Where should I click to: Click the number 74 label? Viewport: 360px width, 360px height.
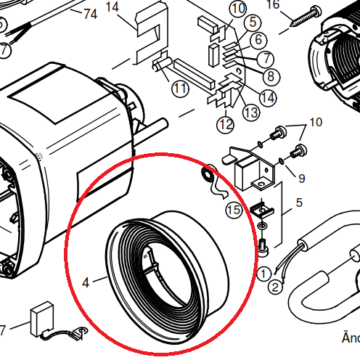point(91,14)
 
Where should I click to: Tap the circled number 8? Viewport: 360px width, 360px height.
point(271,76)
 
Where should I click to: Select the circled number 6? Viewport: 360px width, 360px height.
point(258,39)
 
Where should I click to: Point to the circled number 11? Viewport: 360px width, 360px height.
point(180,89)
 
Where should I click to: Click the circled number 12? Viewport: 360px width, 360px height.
point(226,125)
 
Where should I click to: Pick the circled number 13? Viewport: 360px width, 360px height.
point(251,112)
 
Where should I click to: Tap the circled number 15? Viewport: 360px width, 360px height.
point(234,210)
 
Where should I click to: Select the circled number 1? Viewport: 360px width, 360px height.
point(263,274)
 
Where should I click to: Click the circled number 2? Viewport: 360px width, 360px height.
point(275,287)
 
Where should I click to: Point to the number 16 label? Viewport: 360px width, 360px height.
point(273,4)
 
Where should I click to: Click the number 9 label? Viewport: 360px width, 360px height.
point(302,179)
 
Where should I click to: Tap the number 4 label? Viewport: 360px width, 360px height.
point(86,282)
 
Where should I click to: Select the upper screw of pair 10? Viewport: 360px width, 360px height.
point(279,133)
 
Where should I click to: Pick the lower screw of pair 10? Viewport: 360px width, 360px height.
point(299,151)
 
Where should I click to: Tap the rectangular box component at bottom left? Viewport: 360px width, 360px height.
point(42,319)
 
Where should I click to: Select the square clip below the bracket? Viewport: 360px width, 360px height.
point(262,210)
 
